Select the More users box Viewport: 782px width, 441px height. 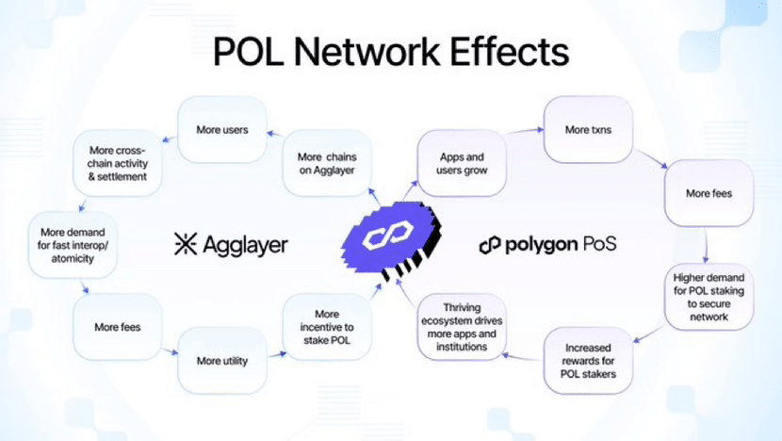(223, 129)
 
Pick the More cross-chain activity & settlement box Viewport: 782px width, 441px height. (120, 163)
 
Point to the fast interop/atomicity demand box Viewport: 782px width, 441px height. (73, 244)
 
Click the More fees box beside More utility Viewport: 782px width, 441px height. (119, 327)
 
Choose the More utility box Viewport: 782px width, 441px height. (222, 360)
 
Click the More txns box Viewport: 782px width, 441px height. (589, 128)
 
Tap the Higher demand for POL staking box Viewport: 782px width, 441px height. (709, 297)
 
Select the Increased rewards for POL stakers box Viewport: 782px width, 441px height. (588, 360)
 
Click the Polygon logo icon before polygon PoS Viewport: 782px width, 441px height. (489, 246)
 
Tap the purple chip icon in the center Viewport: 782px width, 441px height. (390, 238)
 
